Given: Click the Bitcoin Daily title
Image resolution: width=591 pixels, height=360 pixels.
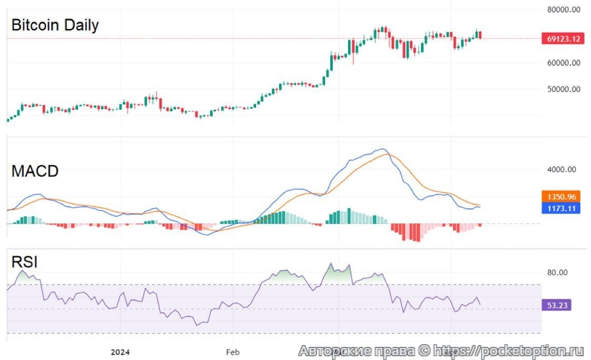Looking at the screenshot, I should coord(55,25).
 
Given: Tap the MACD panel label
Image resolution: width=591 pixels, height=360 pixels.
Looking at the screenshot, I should coord(35,171).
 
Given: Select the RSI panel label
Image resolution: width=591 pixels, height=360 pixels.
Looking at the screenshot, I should coord(25,262).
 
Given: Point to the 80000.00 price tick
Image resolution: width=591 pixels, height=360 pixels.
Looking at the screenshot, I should coord(564,9).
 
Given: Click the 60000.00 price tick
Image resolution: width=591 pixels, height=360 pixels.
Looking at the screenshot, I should coord(564,62).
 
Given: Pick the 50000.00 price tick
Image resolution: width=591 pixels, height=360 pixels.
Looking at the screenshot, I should coord(564,89).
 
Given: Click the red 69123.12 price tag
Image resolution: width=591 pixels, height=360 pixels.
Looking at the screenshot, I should coord(563,38).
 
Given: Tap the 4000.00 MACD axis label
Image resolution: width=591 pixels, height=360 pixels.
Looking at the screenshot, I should coord(562,170).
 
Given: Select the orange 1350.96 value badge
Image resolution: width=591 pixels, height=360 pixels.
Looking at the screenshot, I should coord(560,197).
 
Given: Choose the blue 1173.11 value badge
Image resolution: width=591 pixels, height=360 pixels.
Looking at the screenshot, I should coord(560,208).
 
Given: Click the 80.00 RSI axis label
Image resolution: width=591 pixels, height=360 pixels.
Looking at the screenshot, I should coord(557,273).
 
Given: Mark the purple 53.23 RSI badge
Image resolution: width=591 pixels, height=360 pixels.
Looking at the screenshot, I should coord(556,305).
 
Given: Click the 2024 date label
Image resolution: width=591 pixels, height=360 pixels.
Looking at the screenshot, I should coord(121,352).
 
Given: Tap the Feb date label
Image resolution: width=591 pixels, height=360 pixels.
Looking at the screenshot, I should coord(232,352).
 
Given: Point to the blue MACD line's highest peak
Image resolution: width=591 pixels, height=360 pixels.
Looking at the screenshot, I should coord(382,149).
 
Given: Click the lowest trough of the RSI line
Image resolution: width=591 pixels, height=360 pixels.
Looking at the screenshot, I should coord(198,325).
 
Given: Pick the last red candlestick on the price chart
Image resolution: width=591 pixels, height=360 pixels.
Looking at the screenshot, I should coord(480,35).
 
